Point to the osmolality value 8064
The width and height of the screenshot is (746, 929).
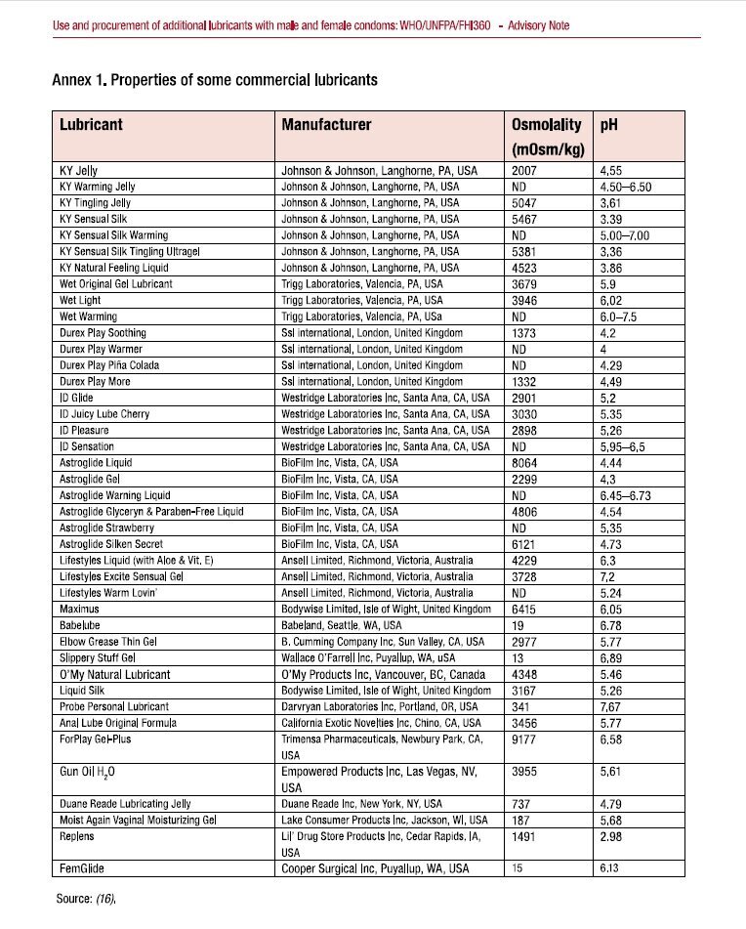pos(525,462)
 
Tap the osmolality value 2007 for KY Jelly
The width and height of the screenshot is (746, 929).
pos(525,169)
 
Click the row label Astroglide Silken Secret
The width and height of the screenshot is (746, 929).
pos(116,543)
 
